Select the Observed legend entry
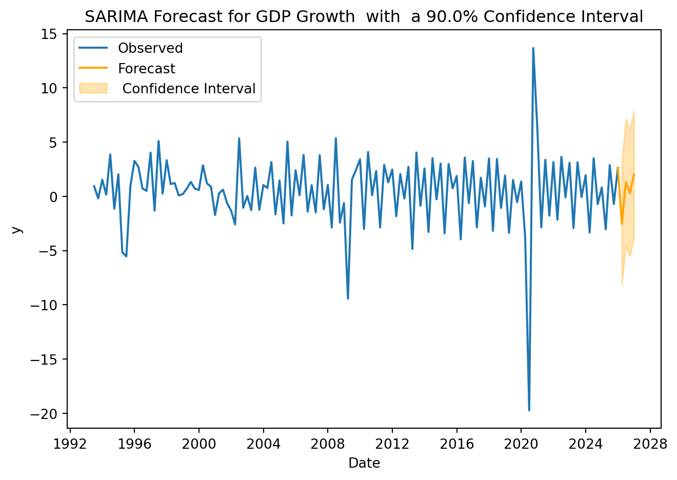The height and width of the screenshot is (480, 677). click(150, 48)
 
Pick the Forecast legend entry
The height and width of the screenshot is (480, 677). click(146, 69)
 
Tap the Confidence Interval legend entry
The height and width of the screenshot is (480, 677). click(189, 89)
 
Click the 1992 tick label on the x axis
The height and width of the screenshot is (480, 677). click(70, 444)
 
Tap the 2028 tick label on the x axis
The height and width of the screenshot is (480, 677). click(650, 444)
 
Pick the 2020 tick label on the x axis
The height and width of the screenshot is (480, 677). click(521, 444)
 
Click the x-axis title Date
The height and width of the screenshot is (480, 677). click(364, 464)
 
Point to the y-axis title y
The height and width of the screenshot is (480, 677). click(17, 230)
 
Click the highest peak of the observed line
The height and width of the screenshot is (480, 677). click(533, 48)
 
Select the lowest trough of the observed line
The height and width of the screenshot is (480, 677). click(529, 410)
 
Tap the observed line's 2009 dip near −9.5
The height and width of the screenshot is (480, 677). click(348, 298)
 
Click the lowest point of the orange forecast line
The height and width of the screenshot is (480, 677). click(622, 224)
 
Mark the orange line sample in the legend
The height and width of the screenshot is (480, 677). click(93, 68)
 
